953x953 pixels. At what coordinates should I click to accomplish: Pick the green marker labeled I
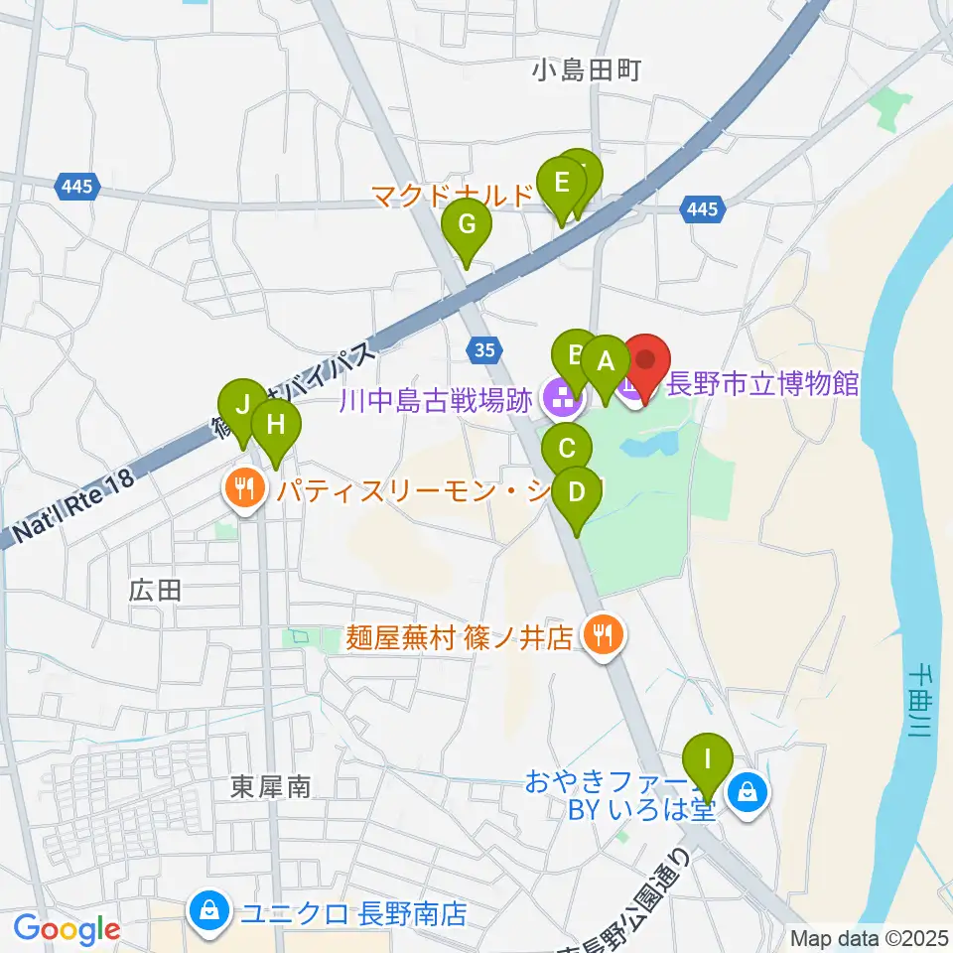click(708, 760)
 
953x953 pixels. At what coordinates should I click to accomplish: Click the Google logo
click(68, 929)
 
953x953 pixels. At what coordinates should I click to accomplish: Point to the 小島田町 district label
click(587, 70)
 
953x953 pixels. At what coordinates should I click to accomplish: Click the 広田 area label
click(155, 591)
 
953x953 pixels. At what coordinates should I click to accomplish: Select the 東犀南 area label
click(271, 787)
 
